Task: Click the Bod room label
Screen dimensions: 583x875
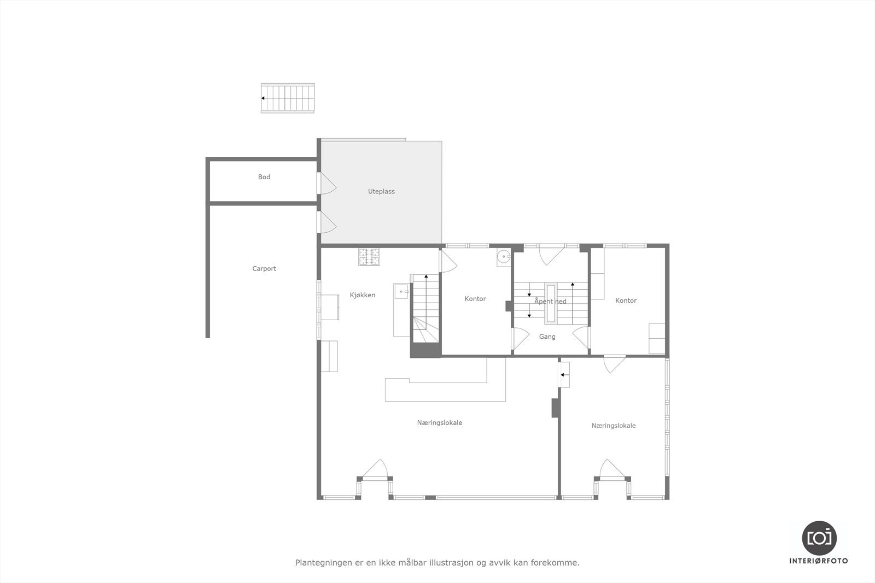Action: point(264,177)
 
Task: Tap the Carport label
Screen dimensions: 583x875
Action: point(264,269)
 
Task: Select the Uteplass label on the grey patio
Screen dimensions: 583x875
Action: point(381,192)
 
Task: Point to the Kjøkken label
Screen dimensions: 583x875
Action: point(363,295)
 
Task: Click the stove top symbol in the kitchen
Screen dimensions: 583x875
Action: point(369,257)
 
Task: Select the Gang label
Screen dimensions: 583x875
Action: point(547,337)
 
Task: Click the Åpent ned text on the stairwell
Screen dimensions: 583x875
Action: point(550,302)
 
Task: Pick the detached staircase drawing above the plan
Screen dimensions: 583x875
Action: point(288,98)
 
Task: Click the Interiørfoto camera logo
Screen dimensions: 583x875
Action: point(819,538)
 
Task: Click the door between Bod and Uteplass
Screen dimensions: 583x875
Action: point(327,184)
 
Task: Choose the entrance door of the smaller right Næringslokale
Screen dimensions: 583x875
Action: point(611,469)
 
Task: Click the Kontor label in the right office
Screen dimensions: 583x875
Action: point(626,301)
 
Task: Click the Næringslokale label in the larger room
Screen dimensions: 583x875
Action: point(439,423)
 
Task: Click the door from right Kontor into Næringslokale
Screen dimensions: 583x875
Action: point(614,363)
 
